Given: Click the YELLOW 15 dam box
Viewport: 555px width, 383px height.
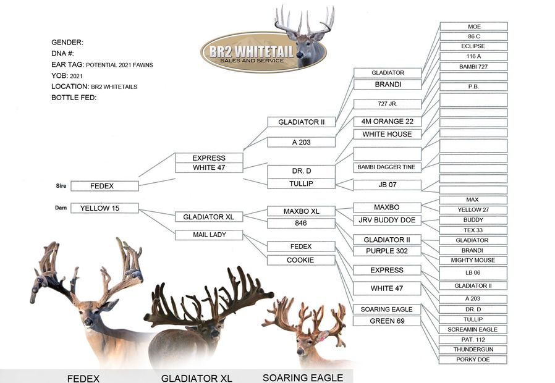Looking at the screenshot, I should tap(104, 208).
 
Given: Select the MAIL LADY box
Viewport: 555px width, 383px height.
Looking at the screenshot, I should tap(208, 235).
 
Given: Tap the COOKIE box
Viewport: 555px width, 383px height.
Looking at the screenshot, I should tap(300, 260).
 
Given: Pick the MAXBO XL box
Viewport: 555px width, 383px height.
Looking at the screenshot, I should tap(300, 211).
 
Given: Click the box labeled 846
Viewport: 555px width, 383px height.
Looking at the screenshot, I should tap(300, 223).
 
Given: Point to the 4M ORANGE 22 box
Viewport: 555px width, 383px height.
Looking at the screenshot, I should tap(387, 122).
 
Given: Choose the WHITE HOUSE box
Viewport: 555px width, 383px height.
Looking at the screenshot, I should tap(387, 134).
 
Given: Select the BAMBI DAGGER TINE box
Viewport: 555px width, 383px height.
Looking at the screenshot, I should tap(387, 167).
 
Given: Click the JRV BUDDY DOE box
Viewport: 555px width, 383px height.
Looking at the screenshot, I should tap(387, 220).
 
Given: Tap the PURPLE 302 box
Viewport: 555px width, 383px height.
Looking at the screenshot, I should tap(387, 251).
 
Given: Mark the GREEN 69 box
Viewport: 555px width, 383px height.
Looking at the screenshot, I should tap(387, 321).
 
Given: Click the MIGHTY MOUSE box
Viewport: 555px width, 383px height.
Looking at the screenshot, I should tap(473, 260).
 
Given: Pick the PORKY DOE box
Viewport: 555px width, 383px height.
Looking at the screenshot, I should tap(473, 360).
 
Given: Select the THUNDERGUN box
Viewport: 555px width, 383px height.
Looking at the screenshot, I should tap(473, 350).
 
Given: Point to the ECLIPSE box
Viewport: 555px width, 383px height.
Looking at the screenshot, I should tap(473, 46).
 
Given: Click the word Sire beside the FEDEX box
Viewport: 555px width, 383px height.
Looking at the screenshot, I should tap(61, 185).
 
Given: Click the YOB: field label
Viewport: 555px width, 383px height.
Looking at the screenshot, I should tap(60, 76).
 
